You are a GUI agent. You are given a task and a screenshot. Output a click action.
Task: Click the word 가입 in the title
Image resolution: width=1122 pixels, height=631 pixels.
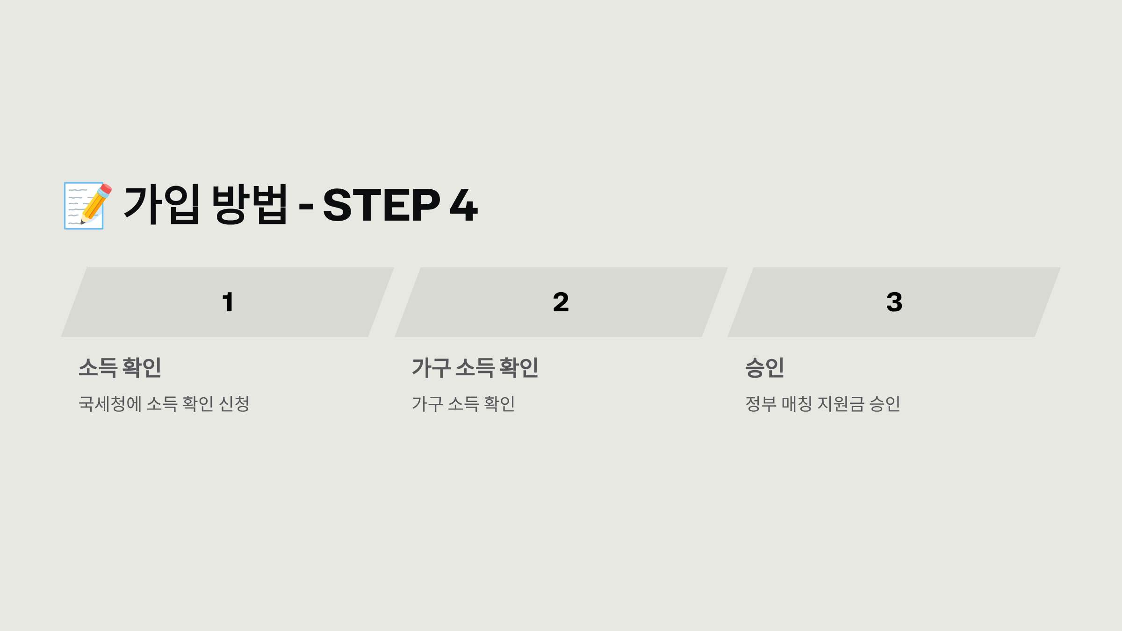click(x=162, y=204)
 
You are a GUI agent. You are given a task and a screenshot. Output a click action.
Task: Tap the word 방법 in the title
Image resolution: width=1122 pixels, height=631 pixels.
click(x=249, y=204)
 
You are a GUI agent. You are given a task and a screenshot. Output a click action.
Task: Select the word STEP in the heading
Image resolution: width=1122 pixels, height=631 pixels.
click(x=381, y=205)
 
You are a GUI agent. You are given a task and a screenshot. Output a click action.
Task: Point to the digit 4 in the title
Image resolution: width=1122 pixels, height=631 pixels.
click(x=464, y=205)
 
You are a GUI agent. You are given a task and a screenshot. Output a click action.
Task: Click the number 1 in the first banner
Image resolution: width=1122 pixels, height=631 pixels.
click(x=228, y=302)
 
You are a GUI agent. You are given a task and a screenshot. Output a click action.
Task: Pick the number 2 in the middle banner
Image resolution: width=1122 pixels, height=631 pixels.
click(x=561, y=302)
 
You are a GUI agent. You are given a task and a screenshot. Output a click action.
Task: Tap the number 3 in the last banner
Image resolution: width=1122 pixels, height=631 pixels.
click(x=894, y=302)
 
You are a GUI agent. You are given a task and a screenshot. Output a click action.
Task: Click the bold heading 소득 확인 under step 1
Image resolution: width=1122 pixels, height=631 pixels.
click(x=120, y=367)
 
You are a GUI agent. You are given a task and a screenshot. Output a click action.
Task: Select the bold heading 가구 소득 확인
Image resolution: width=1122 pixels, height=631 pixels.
click(x=475, y=367)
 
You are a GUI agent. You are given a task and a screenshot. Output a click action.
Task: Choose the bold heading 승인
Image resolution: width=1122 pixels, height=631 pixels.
click(x=765, y=367)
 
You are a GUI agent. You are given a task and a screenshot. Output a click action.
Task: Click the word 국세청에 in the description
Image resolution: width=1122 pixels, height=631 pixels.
click(x=110, y=404)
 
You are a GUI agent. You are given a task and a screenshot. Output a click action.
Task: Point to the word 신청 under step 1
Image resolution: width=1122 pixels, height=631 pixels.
click(x=234, y=404)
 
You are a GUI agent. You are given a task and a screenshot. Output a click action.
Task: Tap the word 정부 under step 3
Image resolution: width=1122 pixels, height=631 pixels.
click(x=761, y=404)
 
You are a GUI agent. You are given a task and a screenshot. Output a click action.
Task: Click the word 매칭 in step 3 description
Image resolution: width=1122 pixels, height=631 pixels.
click(x=797, y=404)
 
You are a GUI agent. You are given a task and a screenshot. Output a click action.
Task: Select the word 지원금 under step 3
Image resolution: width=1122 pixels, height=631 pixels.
click(x=841, y=404)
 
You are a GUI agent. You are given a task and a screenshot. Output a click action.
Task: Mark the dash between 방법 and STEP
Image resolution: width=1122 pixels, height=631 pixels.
click(x=306, y=206)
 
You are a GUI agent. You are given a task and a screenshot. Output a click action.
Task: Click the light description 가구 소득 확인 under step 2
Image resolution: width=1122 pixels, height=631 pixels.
click(x=463, y=404)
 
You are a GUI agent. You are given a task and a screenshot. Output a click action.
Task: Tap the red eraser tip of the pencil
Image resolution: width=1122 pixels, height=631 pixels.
click(x=106, y=189)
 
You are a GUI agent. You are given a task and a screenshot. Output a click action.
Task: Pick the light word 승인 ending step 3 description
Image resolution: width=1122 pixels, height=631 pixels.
click(x=885, y=404)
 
